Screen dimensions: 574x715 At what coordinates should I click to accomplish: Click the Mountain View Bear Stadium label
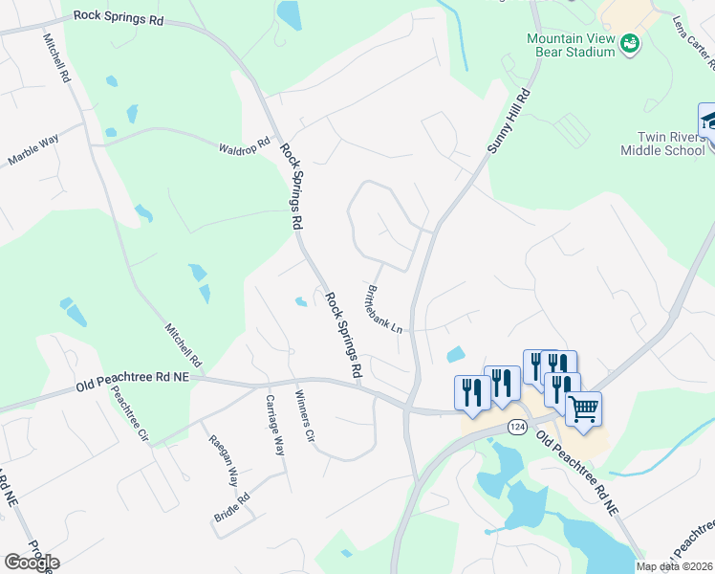tap(571, 45)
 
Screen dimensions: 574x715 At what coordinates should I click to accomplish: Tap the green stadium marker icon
tap(629, 43)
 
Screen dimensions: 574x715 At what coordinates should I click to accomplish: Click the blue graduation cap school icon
tap(708, 121)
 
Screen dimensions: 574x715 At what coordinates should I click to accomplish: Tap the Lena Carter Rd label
tap(694, 43)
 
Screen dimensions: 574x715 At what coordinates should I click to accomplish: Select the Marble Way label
tap(33, 150)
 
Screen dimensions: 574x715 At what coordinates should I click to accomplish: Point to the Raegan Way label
tap(224, 452)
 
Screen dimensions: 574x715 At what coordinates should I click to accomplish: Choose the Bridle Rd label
tap(231, 506)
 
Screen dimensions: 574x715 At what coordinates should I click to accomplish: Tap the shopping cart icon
tap(583, 409)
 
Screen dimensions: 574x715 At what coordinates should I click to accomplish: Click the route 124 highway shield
tap(517, 427)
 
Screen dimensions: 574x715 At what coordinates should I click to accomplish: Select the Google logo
tap(32, 562)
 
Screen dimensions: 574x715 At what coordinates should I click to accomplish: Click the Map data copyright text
tap(675, 565)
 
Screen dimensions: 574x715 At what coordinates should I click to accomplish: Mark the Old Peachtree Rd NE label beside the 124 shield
tap(576, 472)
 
